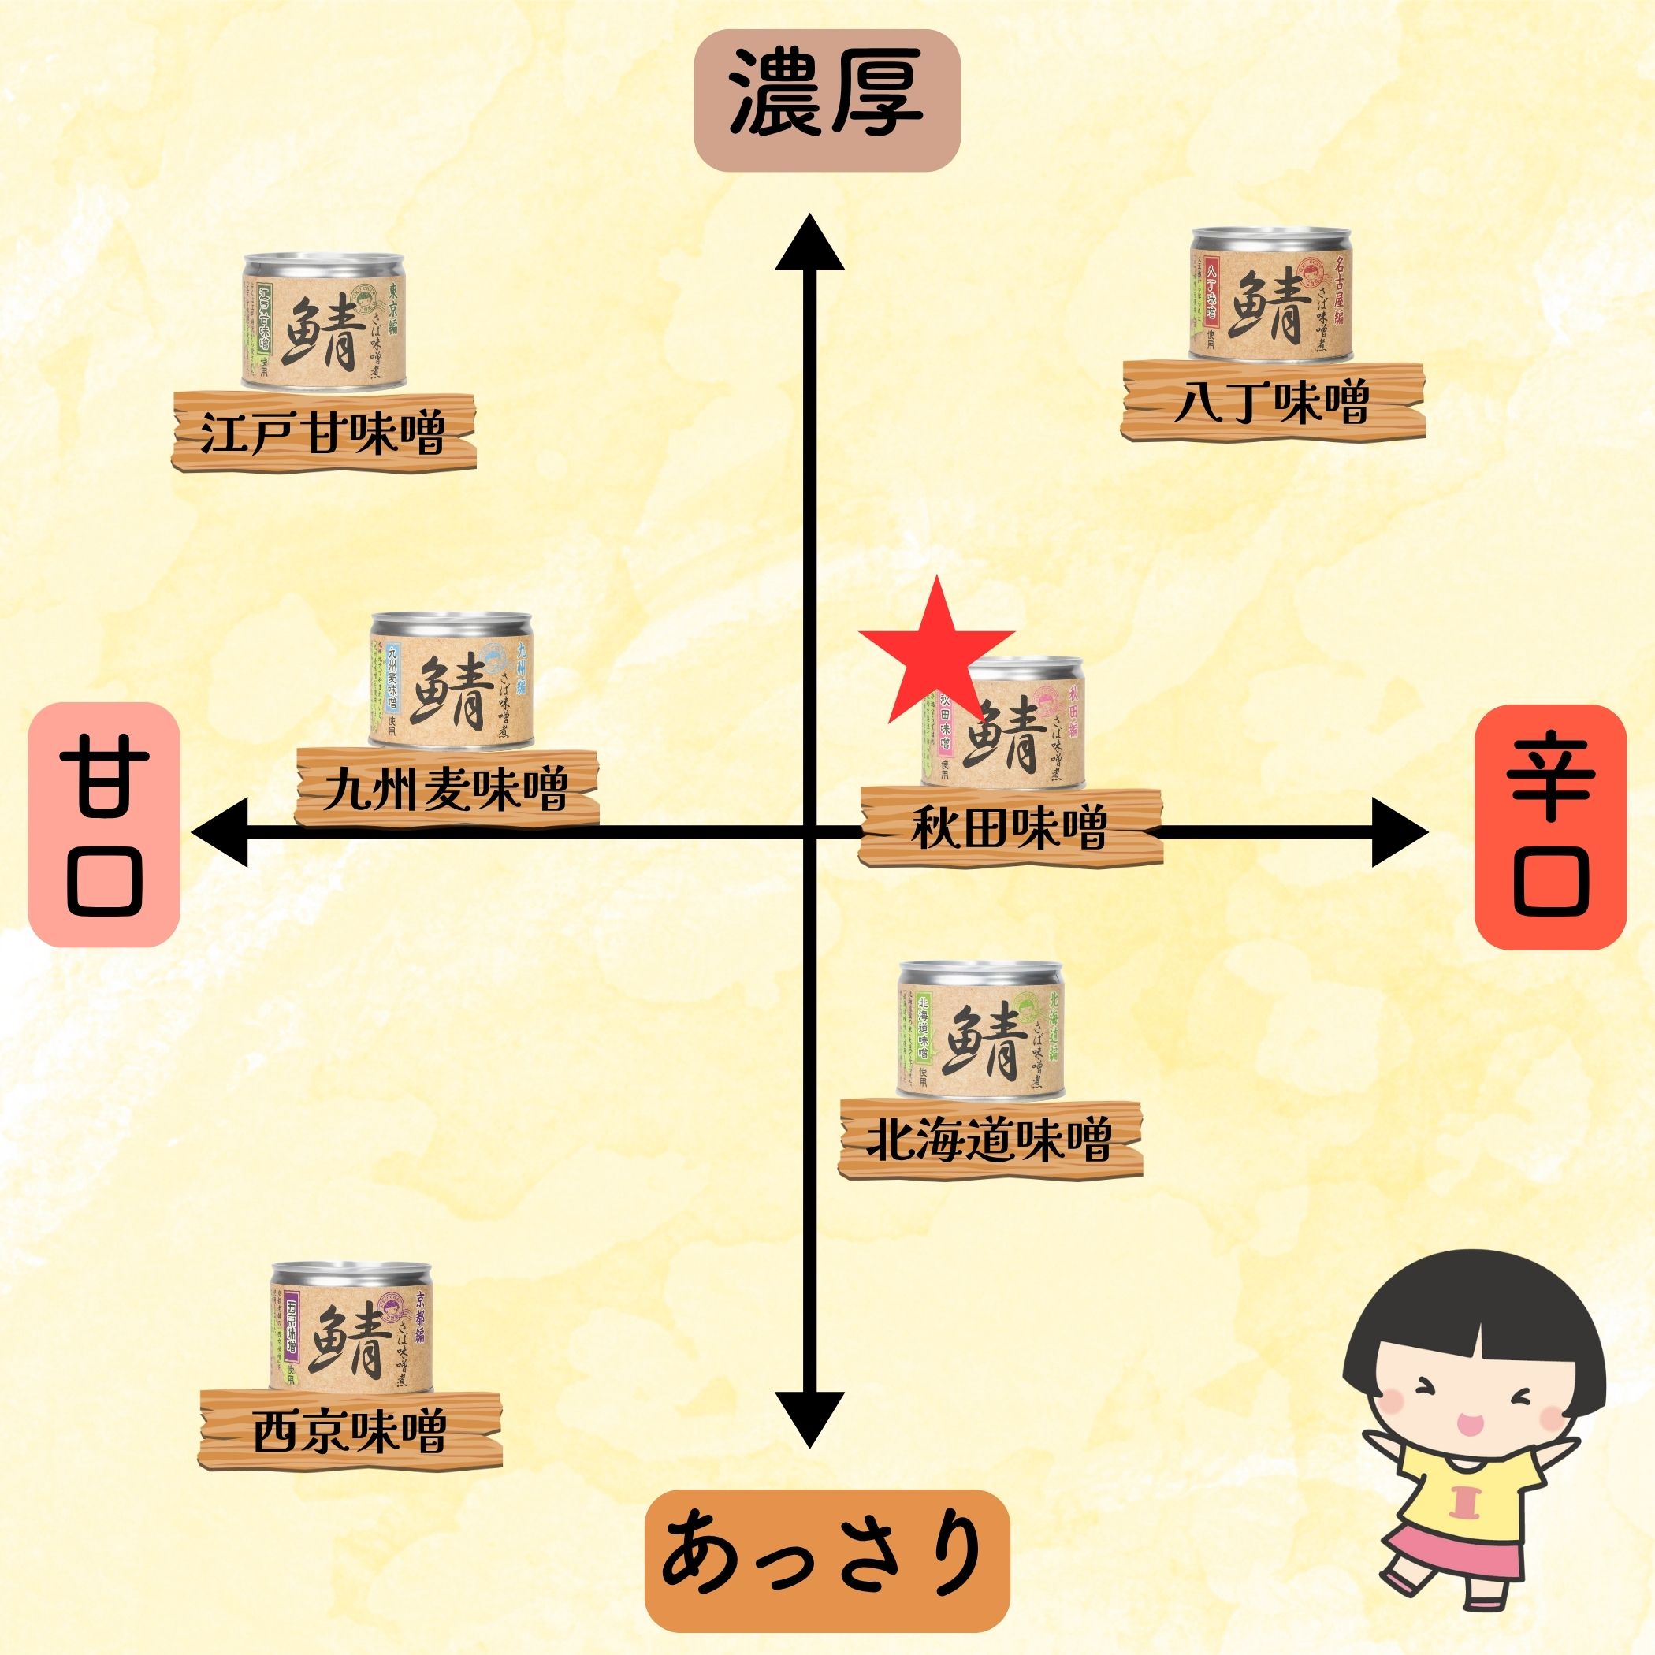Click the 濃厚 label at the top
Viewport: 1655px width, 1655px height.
click(826, 100)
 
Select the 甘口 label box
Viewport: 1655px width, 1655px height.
click(104, 824)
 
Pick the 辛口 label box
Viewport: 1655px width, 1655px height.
click(1549, 826)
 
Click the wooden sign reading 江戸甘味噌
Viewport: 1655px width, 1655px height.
click(325, 433)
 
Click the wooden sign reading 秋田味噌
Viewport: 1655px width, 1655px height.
click(1011, 827)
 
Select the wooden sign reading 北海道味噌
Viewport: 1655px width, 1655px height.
click(991, 1140)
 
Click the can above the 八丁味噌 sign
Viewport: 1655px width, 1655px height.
click(1271, 296)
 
